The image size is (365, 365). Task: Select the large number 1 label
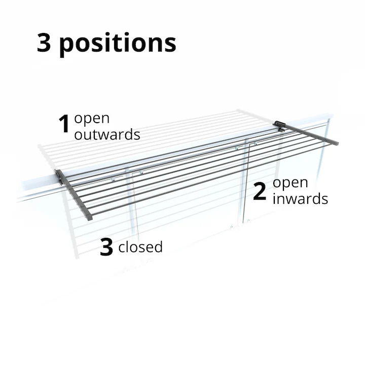[64, 125]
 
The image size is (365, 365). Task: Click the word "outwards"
[107, 135]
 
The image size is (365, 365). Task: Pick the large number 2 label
[260, 191]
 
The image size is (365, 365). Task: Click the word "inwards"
[300, 199]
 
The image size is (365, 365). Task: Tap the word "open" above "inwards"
[290, 184]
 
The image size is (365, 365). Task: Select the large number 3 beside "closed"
[106, 247]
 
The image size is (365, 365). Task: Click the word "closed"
[140, 247]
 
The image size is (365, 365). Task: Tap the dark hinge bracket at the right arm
[279, 125]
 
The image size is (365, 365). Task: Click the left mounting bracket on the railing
[61, 176]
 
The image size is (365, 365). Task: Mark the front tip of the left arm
[89, 217]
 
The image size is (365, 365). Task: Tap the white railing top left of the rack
[35, 188]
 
